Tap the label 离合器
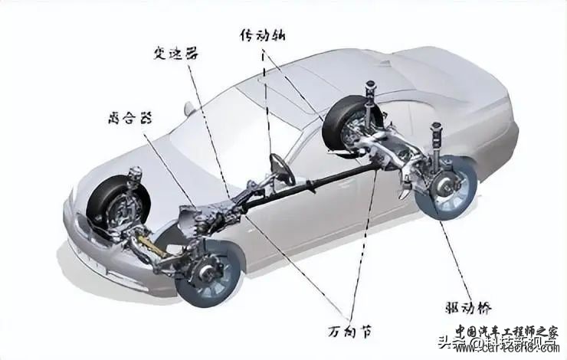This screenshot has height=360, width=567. [x=126, y=117]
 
